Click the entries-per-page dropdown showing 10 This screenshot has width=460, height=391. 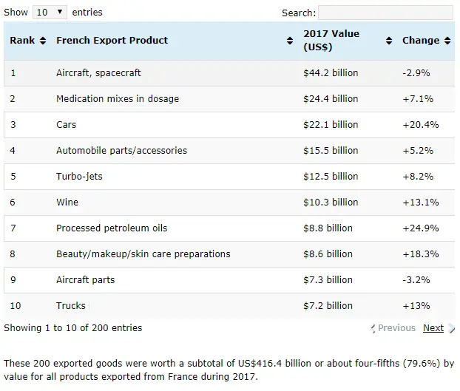[x=50, y=13]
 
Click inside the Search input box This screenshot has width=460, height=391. [x=385, y=13]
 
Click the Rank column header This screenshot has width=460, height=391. [x=27, y=41]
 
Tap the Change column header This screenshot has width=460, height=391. [x=422, y=41]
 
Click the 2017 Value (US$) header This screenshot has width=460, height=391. [x=331, y=41]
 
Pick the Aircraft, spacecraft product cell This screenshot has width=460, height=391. [x=98, y=73]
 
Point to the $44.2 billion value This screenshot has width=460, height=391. [x=331, y=73]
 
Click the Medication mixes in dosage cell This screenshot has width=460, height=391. [x=118, y=99]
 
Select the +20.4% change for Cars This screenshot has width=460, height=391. [x=420, y=125]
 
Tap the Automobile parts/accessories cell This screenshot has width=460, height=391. [x=121, y=151]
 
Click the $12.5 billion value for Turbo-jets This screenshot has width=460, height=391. [x=331, y=177]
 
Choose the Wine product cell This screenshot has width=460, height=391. [x=67, y=203]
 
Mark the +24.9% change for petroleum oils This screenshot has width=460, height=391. [x=420, y=228]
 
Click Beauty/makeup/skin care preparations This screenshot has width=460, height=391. [x=143, y=254]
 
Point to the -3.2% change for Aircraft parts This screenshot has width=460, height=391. [x=417, y=280]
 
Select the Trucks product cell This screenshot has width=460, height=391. [x=71, y=306]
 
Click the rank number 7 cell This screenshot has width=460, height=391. [x=13, y=228]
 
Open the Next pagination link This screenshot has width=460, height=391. [x=433, y=328]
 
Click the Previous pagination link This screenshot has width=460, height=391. [x=396, y=328]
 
